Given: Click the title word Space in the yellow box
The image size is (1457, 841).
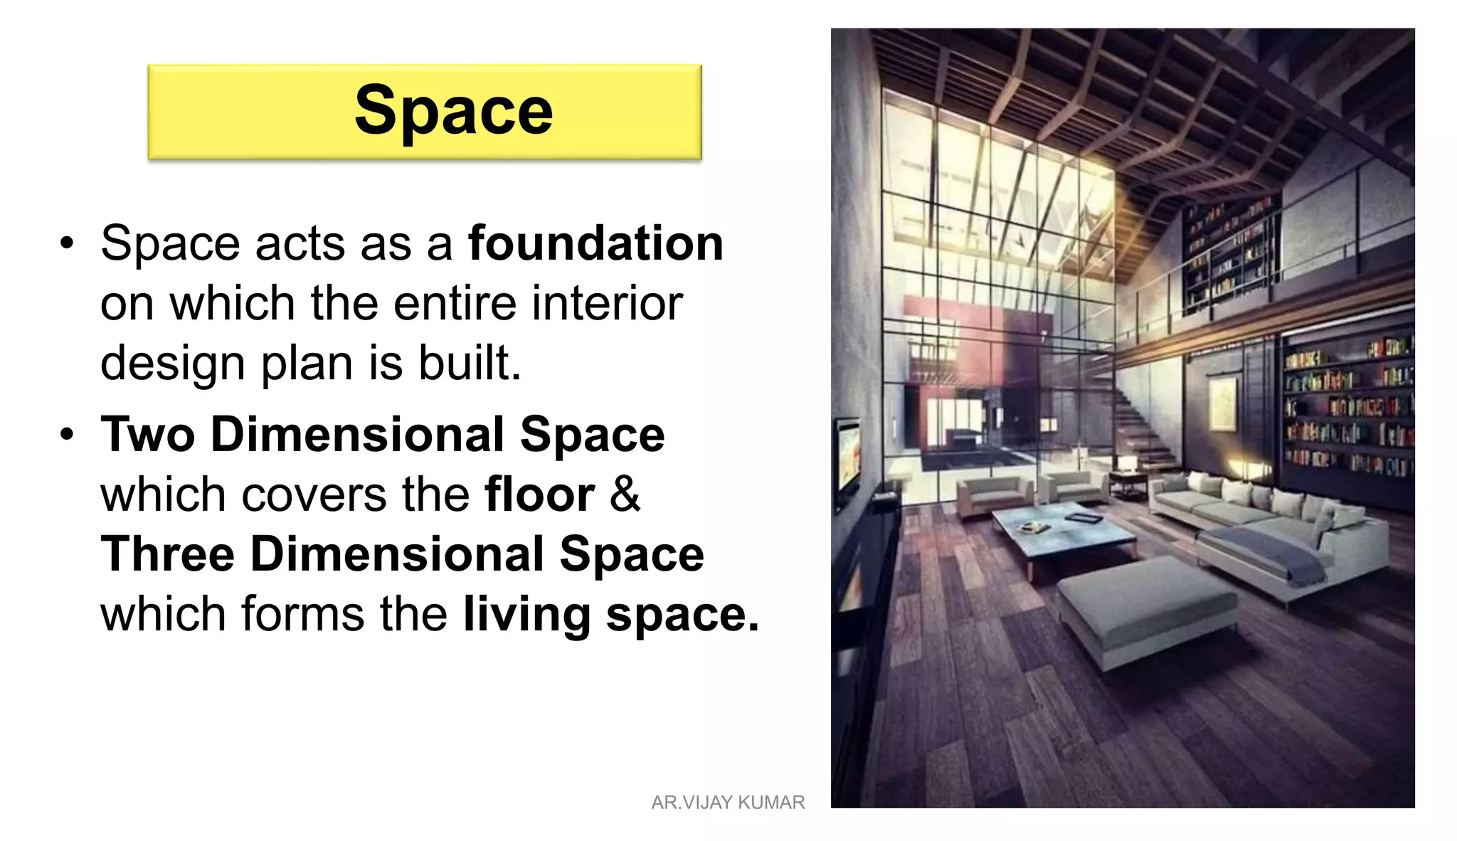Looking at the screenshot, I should [x=453, y=110].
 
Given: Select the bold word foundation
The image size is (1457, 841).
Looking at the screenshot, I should [x=595, y=243].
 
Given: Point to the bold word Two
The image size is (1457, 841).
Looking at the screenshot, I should [x=147, y=434].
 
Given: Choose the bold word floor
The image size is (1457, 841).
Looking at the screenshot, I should [x=539, y=494].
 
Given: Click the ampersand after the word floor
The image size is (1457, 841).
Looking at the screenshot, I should [x=625, y=494].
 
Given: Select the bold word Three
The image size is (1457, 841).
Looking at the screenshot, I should [x=168, y=554].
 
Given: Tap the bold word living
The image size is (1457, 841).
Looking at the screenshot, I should [x=526, y=615].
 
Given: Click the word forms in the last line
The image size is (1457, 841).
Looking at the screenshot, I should [x=302, y=614].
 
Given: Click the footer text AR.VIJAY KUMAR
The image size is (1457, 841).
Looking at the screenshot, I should [x=728, y=803].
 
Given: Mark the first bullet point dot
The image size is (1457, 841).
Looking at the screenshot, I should [x=67, y=243].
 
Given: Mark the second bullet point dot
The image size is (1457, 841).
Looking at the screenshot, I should [x=67, y=434].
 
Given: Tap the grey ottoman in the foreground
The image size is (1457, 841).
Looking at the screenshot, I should [x=1145, y=605].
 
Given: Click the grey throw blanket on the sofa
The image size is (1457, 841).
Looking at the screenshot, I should [x=1273, y=551].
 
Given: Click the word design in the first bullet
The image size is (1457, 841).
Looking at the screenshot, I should [x=173, y=363].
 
